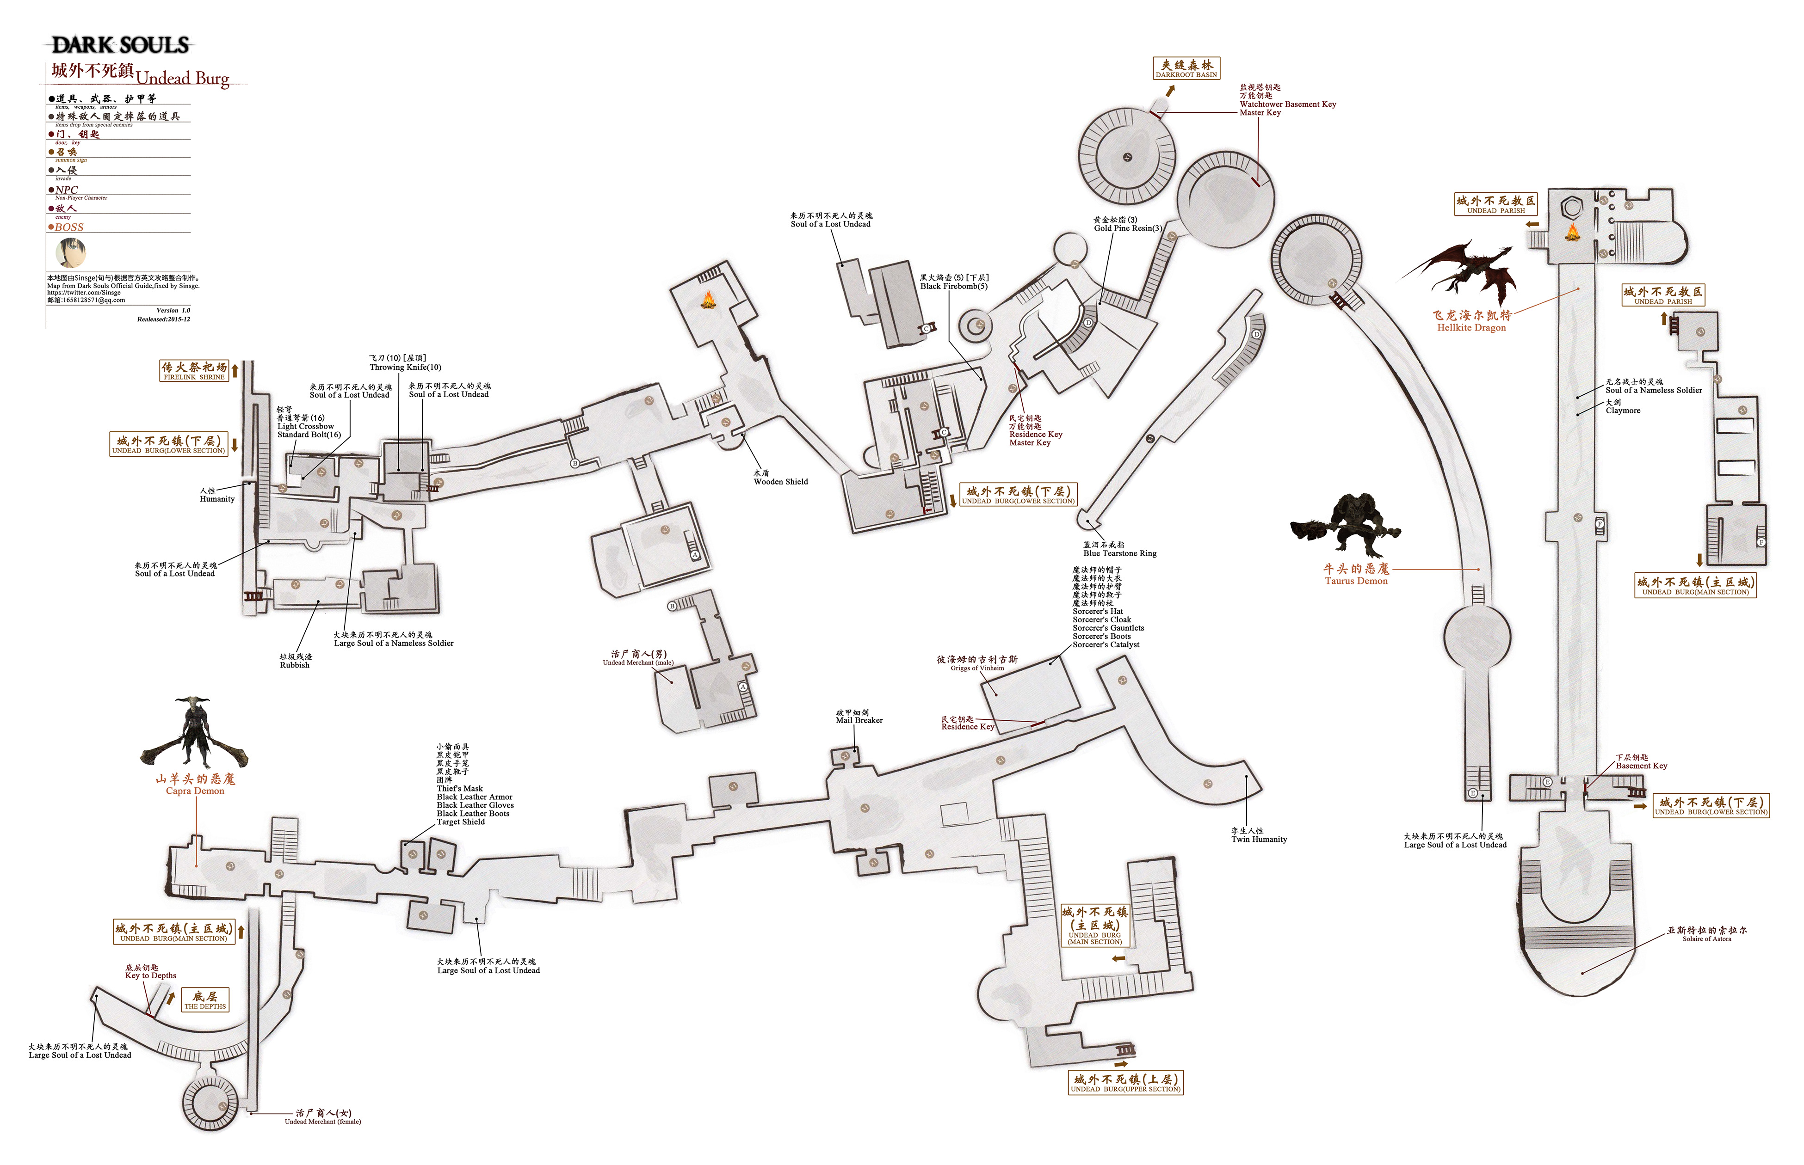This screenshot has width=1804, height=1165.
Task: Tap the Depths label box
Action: [x=205, y=1000]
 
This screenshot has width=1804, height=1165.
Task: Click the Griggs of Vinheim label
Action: [x=977, y=663]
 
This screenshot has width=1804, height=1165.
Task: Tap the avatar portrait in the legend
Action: [x=70, y=253]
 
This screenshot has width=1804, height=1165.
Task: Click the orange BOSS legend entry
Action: [x=68, y=227]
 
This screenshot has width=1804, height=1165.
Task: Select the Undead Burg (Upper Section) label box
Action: [x=1125, y=1083]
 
